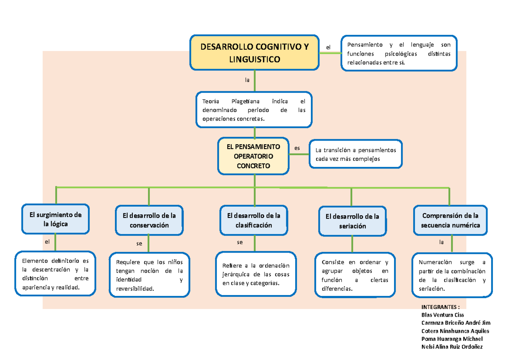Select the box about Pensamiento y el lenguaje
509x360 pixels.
pyautogui.click(x=399, y=53)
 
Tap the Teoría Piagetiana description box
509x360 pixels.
pyautogui.click(x=254, y=110)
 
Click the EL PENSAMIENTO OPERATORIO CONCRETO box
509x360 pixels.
pyautogui.click(x=254, y=156)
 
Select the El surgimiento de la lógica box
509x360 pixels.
pyautogui.click(x=56, y=219)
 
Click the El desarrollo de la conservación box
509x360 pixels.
pyautogui.click(x=149, y=220)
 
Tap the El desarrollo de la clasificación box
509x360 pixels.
pyautogui.click(x=254, y=220)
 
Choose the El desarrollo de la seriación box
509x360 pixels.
pyautogui.click(x=352, y=221)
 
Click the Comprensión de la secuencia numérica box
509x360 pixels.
pyautogui.click(x=450, y=220)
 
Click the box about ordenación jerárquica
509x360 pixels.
pyautogui.click(x=255, y=274)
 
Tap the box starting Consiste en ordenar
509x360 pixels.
pyautogui.click(x=355, y=275)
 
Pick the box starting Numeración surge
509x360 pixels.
pyautogui.click(x=452, y=275)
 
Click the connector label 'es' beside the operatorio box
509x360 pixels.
pyautogui.click(x=297, y=148)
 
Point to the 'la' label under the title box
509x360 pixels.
pyautogui.click(x=247, y=79)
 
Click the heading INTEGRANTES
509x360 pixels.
pyautogui.click(x=441, y=307)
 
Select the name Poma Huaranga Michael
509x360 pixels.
pyautogui.click(x=452, y=339)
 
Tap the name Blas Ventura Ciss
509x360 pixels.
pyautogui.click(x=442, y=315)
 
